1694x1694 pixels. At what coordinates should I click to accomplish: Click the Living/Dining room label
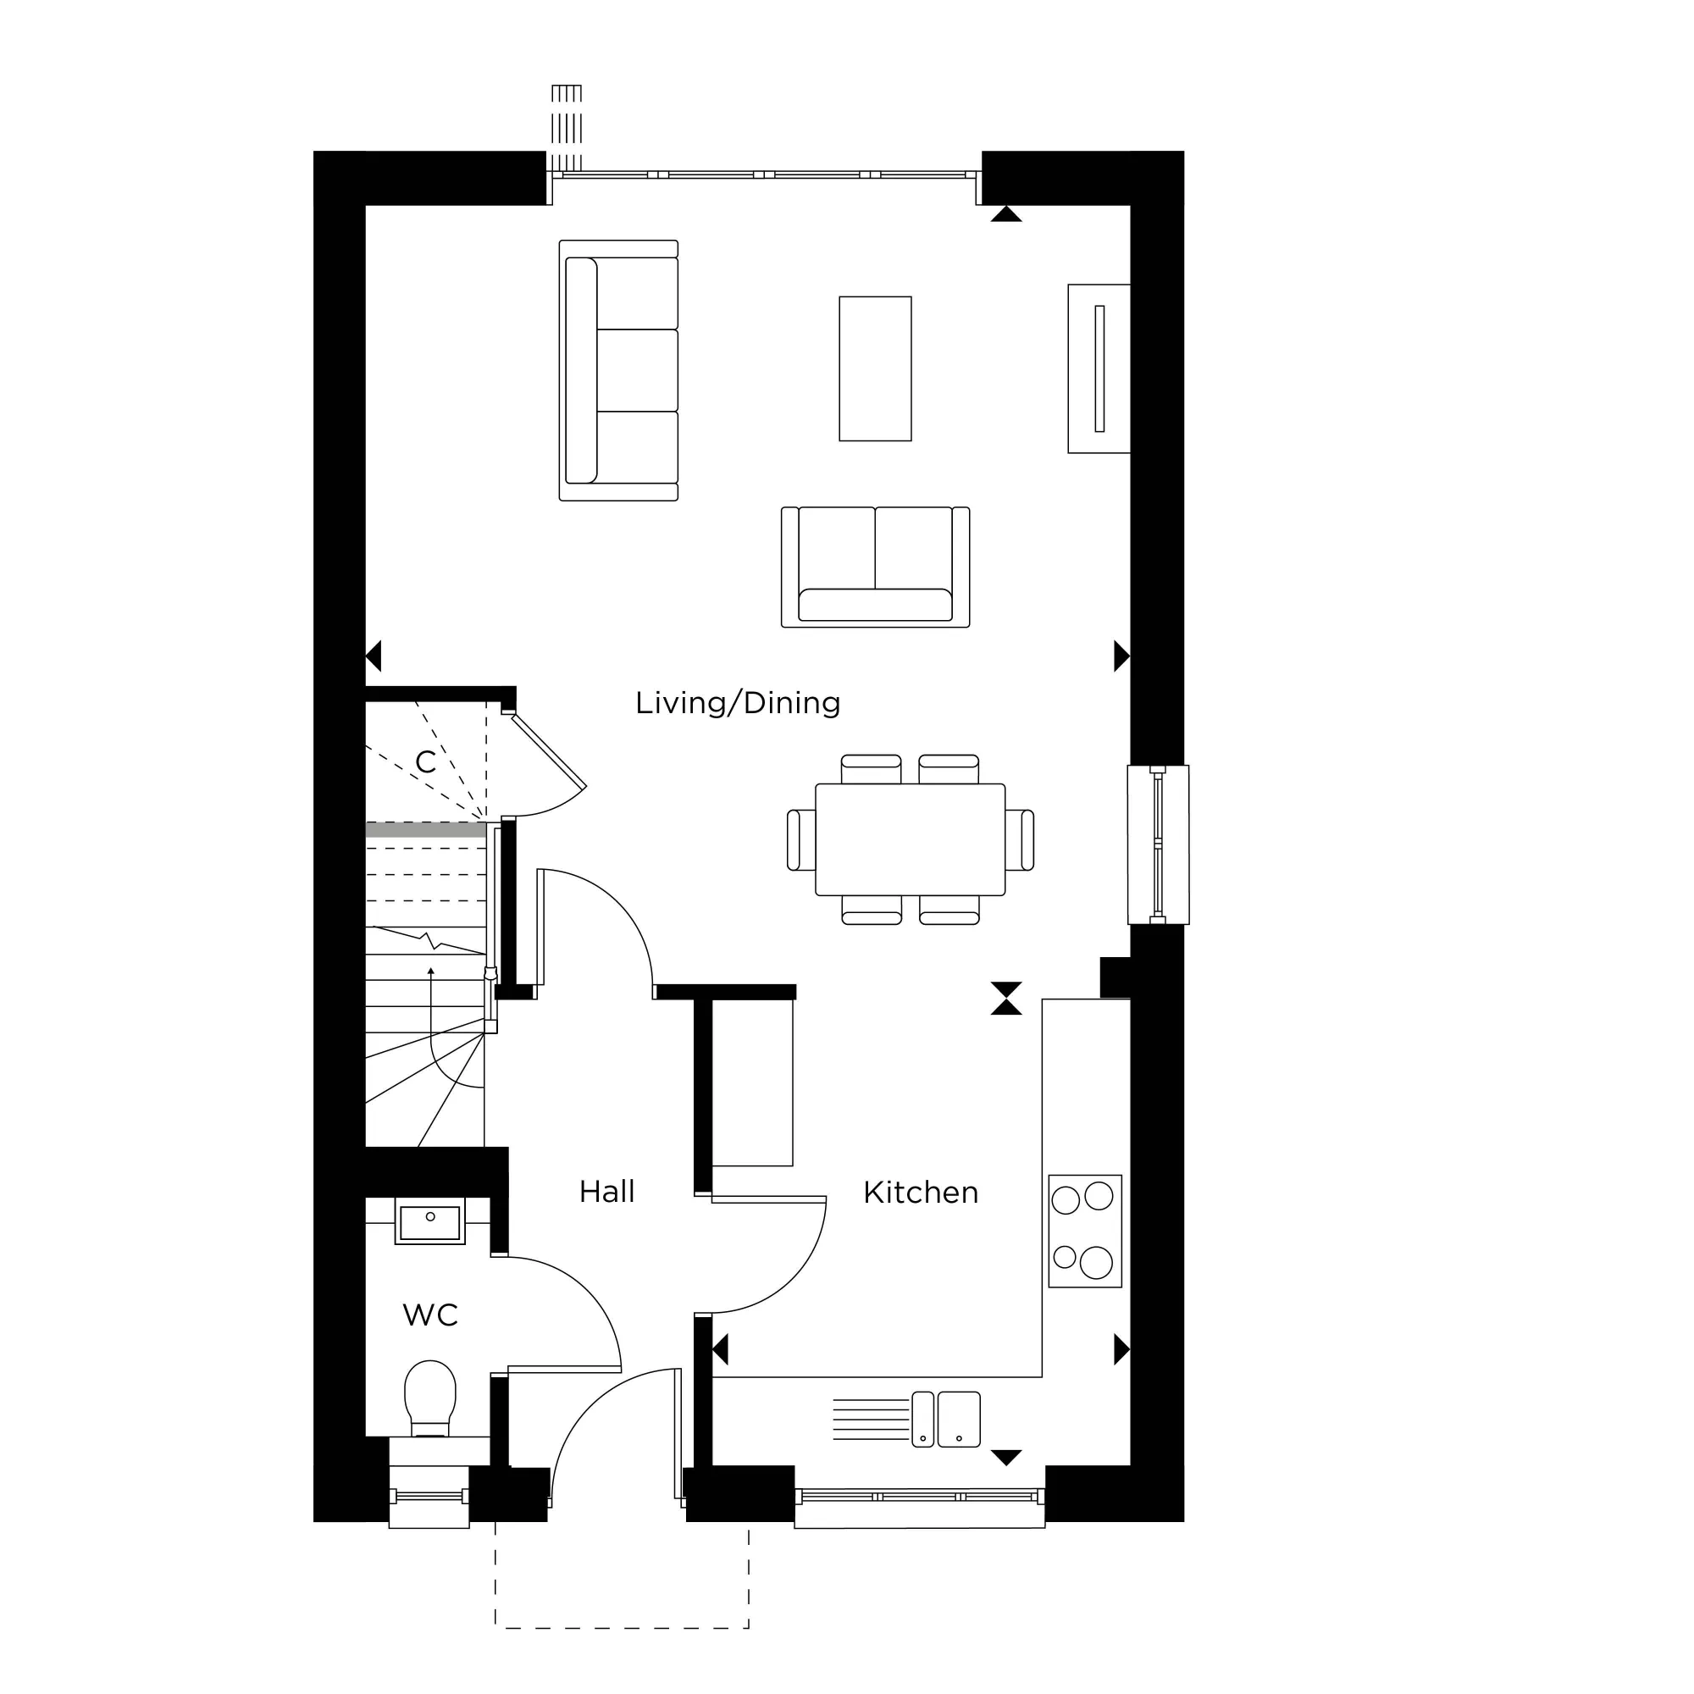[x=738, y=703]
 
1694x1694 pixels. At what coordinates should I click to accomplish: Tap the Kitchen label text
[x=920, y=1193]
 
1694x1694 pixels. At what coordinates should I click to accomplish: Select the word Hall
[x=606, y=1192]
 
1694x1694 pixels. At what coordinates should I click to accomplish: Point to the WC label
[x=429, y=1315]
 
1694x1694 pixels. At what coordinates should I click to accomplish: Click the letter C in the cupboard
[x=425, y=762]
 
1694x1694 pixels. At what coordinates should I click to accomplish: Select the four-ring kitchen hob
[x=1085, y=1231]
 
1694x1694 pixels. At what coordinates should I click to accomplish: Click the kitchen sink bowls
[x=946, y=1419]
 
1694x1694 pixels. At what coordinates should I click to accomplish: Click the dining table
[x=911, y=839]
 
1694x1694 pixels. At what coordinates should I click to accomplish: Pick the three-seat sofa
[x=619, y=370]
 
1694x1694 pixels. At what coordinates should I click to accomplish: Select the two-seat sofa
[x=875, y=567]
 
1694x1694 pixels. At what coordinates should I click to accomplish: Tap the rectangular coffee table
[x=875, y=368]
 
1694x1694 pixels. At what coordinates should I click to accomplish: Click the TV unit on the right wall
[x=1099, y=368]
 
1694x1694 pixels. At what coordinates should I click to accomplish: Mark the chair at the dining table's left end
[x=800, y=840]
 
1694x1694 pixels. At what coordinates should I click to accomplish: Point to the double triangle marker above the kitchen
[x=1005, y=998]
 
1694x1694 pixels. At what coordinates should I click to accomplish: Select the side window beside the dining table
[x=1157, y=844]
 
